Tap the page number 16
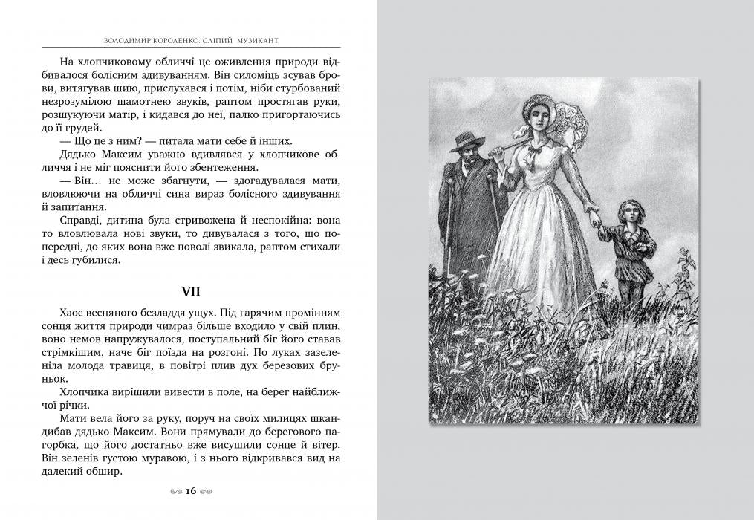click(x=190, y=491)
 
